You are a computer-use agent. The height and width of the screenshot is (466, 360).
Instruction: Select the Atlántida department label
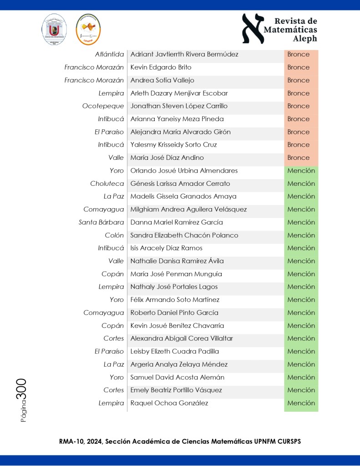109,55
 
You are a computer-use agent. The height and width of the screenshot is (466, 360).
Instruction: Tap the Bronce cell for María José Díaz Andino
299,158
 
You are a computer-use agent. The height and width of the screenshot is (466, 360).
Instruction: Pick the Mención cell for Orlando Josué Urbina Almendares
301,171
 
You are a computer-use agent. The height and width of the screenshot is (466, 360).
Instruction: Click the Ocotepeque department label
103,106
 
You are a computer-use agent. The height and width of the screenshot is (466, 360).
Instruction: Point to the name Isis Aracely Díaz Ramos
166,248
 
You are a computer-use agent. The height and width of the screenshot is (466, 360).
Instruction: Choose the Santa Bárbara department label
101,223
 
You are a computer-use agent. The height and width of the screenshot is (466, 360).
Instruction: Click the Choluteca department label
107,184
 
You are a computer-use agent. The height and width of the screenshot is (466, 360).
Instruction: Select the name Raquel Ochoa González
169,403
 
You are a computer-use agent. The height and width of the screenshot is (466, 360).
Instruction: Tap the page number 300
21,389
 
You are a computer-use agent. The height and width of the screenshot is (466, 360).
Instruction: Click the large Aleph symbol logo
253,28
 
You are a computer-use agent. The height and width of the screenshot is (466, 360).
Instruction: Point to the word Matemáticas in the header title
291,30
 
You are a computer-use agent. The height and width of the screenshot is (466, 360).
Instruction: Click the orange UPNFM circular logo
88,29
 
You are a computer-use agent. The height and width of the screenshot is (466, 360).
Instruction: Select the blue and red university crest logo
55,29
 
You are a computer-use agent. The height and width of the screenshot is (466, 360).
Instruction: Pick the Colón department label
114,236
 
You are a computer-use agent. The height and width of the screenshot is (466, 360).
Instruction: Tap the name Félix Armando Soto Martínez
175,300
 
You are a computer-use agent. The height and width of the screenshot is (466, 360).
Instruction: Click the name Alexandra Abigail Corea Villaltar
182,338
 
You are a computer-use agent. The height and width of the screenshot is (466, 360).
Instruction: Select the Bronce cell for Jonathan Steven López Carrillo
299,106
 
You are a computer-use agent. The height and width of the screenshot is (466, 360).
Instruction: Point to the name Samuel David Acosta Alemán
177,377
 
